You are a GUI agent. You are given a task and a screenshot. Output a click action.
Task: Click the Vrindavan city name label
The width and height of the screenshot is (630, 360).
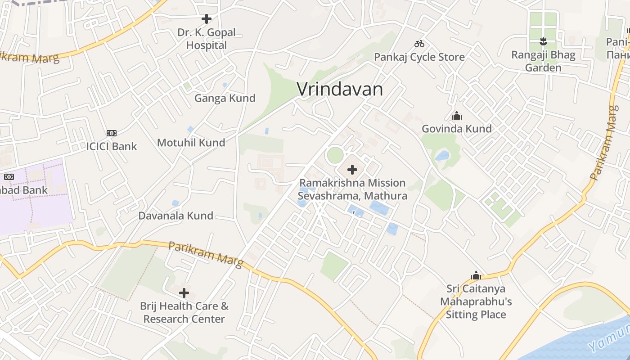340,90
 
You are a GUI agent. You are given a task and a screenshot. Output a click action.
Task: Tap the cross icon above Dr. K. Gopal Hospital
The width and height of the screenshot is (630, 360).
207,19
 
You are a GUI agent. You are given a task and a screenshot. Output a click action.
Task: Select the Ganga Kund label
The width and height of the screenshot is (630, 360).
225,98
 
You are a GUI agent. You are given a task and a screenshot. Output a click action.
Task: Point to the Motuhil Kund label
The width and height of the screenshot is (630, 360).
191,143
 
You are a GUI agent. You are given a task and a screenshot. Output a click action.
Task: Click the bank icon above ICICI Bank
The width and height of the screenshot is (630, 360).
112,133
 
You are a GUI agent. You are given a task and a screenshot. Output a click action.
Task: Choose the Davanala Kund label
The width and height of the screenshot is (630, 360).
175,216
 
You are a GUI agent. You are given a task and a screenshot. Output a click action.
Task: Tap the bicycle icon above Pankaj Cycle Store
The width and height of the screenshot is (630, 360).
419,44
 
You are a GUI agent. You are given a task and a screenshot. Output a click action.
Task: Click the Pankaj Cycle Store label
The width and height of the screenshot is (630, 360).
419,57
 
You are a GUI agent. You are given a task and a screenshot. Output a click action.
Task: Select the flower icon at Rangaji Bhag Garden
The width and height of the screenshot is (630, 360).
543,41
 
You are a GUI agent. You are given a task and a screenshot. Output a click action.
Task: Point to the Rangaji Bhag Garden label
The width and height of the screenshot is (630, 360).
543,61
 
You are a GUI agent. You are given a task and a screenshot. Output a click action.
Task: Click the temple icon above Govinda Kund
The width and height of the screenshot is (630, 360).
457,116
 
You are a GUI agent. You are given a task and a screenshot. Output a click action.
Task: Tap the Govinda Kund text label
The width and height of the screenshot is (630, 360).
457,129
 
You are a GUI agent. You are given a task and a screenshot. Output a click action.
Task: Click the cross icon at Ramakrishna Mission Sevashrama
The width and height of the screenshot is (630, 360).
352,170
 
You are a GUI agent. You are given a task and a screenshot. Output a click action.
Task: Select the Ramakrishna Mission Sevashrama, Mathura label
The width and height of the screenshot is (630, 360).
352,189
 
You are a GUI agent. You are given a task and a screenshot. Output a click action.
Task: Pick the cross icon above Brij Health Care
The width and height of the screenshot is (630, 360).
184,293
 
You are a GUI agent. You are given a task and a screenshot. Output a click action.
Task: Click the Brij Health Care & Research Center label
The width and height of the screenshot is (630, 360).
184,313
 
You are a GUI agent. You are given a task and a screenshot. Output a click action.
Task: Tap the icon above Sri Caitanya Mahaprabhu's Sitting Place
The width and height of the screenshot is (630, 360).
476,275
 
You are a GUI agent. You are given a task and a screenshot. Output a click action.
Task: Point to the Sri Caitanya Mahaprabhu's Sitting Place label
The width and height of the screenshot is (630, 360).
476,301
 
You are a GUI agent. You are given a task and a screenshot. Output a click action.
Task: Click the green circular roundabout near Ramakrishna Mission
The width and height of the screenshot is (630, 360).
335,155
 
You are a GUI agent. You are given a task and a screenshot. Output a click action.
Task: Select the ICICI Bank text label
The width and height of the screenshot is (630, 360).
112,147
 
